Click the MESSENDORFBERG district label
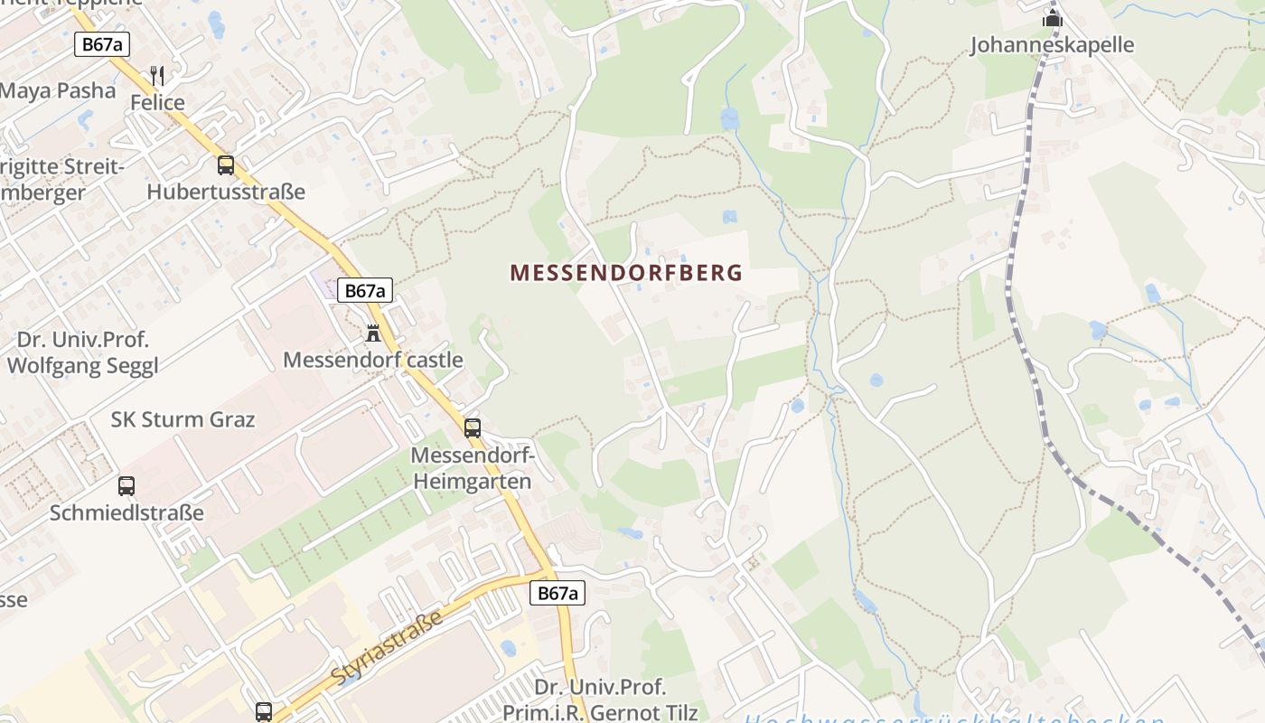pyautogui.click(x=626, y=273)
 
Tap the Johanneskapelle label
pyautogui.click(x=1052, y=45)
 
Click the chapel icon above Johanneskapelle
pyautogui.click(x=1052, y=17)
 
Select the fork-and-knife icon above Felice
pyautogui.click(x=157, y=74)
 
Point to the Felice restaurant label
pyautogui.click(x=157, y=103)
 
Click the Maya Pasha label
pyautogui.click(x=58, y=91)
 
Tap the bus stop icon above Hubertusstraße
pyautogui.click(x=226, y=165)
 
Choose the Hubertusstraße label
pyautogui.click(x=226, y=192)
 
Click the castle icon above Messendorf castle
pyautogui.click(x=372, y=333)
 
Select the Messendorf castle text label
pyautogui.click(x=372, y=361)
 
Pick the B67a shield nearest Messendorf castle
pyautogui.click(x=365, y=290)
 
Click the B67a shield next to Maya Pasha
pyautogui.click(x=102, y=44)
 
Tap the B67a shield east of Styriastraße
pyautogui.click(x=557, y=593)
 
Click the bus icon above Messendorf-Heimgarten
pyautogui.click(x=473, y=428)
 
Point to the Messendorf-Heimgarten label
pyautogui.click(x=473, y=468)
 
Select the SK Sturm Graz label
pyautogui.click(x=183, y=420)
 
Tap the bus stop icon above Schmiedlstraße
pyautogui.click(x=126, y=486)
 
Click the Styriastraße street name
pyautogui.click(x=387, y=648)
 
